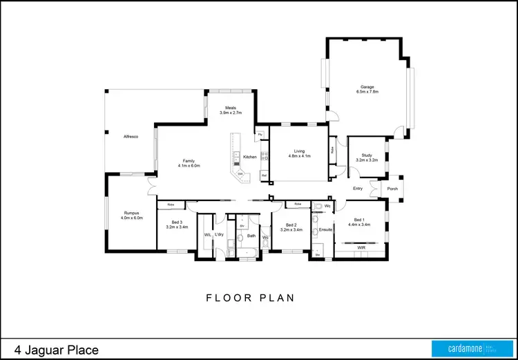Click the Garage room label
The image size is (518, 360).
(x=367, y=89)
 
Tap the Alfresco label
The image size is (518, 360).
(x=131, y=137)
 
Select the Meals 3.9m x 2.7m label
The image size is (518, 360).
(x=231, y=110)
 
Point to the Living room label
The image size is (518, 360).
(x=299, y=153)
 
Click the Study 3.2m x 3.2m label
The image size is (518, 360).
(x=367, y=158)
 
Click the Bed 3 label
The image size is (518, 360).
(x=177, y=225)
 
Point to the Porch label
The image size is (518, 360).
(x=392, y=188)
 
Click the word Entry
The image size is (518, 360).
(x=358, y=188)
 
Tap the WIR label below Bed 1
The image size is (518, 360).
(x=361, y=247)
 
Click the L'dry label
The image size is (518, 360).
(x=219, y=235)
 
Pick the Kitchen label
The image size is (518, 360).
(x=249, y=157)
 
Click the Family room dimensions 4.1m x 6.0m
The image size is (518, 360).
(x=189, y=166)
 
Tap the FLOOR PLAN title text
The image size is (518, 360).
(x=251, y=299)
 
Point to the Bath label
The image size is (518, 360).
(x=251, y=236)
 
